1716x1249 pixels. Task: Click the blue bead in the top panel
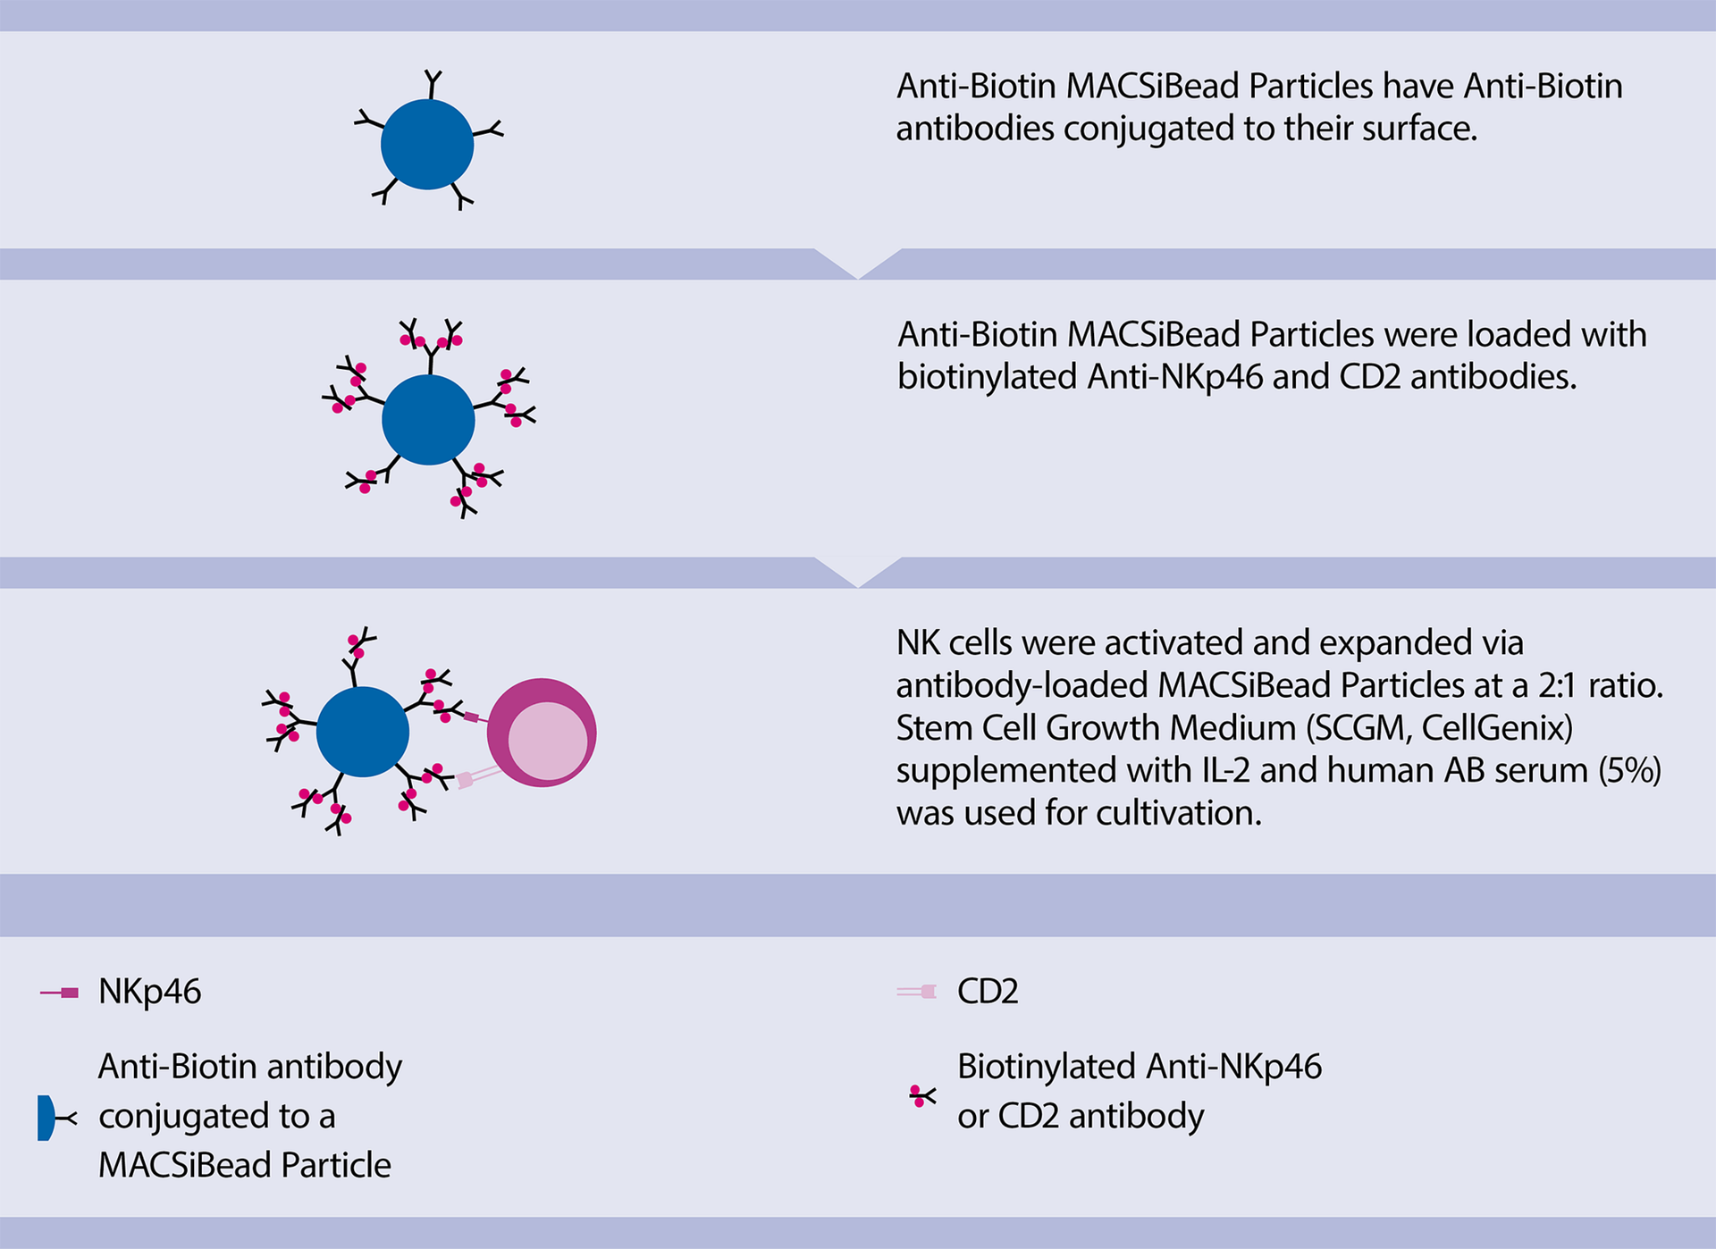pos(427,144)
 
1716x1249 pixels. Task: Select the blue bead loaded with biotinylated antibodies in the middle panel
pos(428,419)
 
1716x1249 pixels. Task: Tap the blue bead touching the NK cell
pos(363,732)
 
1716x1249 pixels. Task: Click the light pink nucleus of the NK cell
pos(547,741)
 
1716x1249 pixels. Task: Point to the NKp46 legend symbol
pos(60,993)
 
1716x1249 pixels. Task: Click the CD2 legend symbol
pos(917,992)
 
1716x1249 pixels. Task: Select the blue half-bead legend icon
pos(46,1118)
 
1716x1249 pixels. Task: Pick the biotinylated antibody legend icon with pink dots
pos(921,1096)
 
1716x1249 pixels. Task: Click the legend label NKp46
pos(149,992)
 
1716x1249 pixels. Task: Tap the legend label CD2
pos(988,992)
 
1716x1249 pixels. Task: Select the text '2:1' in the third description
pos(1559,685)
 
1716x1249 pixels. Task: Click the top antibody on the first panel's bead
pos(433,83)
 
